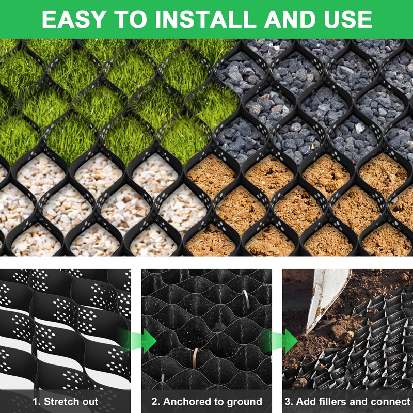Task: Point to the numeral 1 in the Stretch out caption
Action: pyautogui.click(x=35, y=401)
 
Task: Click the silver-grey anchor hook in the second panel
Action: pyautogui.click(x=246, y=298)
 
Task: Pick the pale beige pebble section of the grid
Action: pyautogui.click(x=93, y=206)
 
